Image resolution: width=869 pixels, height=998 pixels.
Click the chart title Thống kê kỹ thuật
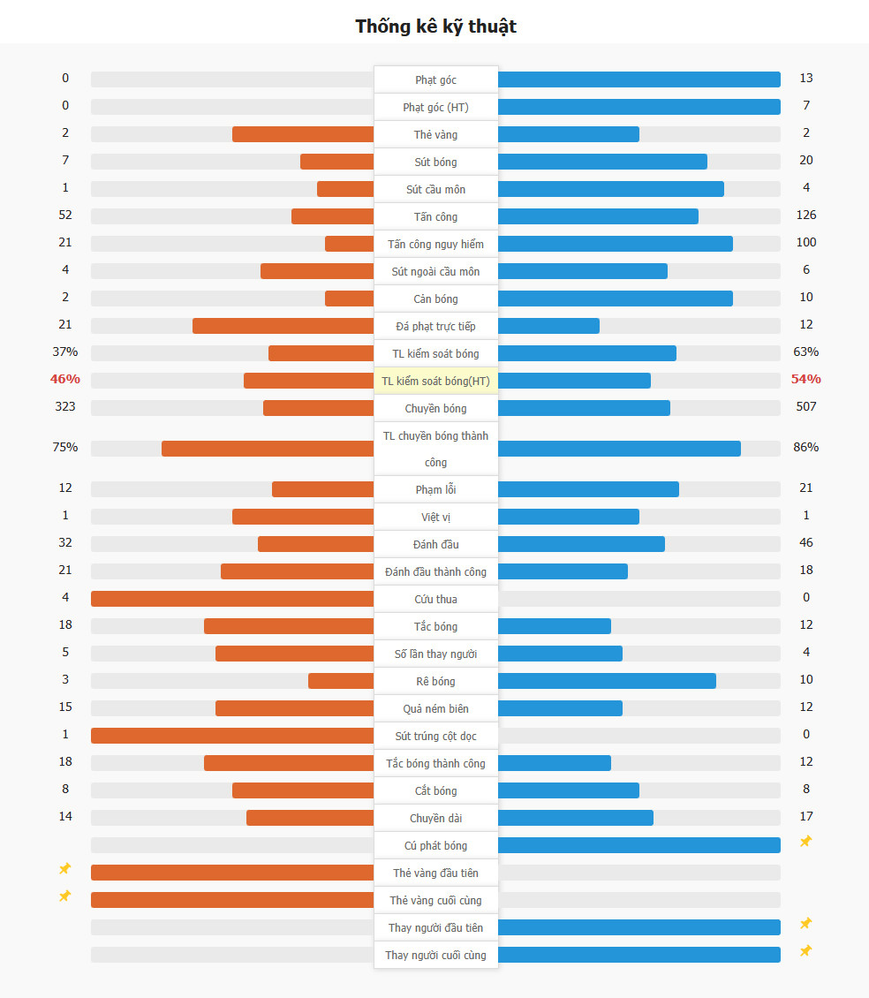coord(435,26)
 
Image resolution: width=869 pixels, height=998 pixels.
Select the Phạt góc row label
coord(435,79)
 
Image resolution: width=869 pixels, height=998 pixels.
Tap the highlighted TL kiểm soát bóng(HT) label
coord(435,381)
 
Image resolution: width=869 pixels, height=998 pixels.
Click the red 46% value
coord(65,379)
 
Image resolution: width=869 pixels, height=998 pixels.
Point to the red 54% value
coord(805,379)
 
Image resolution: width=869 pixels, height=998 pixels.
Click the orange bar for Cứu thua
coord(232,599)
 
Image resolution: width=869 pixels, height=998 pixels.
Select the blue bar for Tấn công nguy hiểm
coord(615,244)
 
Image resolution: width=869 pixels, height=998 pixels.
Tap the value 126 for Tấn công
coord(805,215)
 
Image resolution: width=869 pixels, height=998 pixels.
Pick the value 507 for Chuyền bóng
coord(805,406)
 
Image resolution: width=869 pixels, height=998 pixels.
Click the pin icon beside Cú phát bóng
coord(805,842)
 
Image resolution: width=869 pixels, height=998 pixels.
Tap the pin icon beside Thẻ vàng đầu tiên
coord(64,869)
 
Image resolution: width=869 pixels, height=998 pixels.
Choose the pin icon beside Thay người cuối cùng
coord(805,951)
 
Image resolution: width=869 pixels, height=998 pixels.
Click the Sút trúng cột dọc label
coord(435,736)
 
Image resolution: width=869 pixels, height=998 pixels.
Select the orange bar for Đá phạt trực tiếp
coord(283,326)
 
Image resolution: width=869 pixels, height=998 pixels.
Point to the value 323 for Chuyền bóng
coord(65,406)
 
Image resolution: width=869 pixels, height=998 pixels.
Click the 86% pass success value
coord(805,447)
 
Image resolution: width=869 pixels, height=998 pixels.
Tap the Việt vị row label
coord(435,517)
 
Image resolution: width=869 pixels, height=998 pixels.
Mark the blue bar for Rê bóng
coord(607,681)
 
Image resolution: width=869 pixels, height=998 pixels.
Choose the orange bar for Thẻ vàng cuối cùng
coord(232,900)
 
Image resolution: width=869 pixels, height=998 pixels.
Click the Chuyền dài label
coord(435,818)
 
